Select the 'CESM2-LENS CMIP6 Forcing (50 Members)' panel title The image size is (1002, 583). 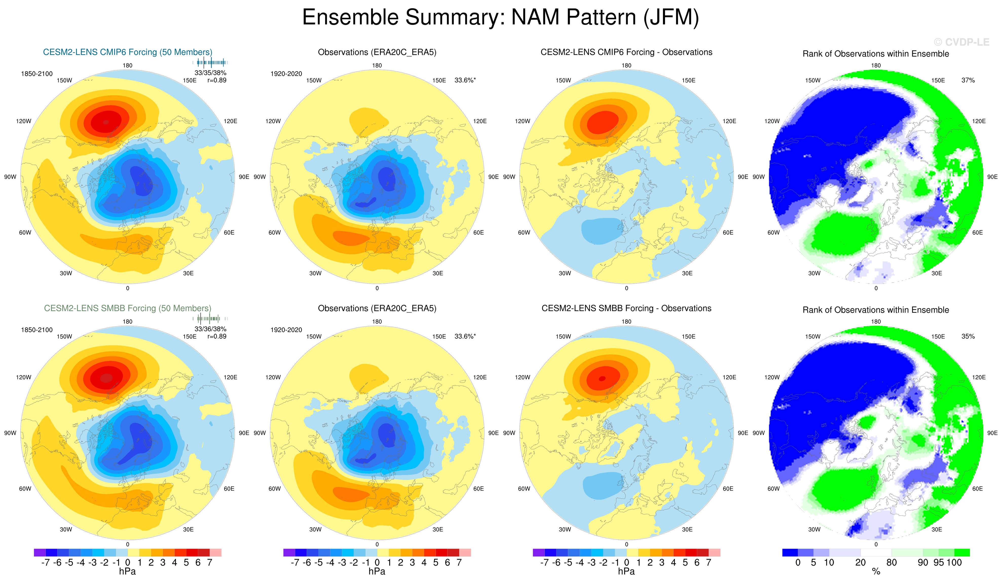coord(128,52)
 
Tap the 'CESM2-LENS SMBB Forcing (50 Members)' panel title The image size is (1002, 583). coord(128,308)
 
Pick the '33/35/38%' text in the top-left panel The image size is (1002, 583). coord(210,73)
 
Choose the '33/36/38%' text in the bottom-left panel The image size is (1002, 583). coord(210,329)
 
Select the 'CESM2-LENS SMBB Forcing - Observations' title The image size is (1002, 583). coord(626,308)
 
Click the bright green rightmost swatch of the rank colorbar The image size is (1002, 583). coord(962,552)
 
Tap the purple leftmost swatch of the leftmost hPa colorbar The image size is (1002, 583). coord(40,552)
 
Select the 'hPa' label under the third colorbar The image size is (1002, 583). coord(626,571)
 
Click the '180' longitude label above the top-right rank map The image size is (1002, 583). coord(876,66)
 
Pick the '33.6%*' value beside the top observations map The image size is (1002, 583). coord(465,80)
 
